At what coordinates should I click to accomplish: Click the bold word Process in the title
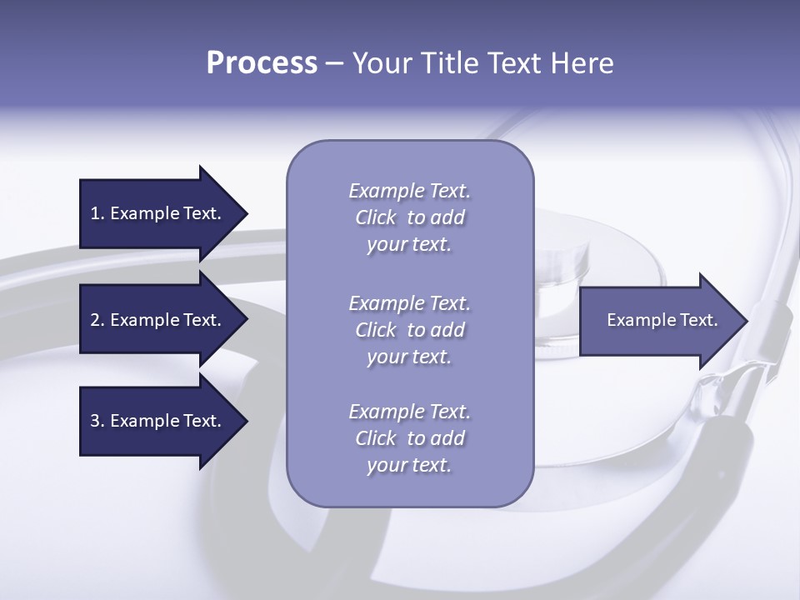(x=262, y=63)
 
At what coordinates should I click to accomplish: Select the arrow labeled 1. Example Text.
(x=158, y=213)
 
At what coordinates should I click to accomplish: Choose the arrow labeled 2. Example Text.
(x=158, y=320)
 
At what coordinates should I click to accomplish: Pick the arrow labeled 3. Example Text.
(x=158, y=421)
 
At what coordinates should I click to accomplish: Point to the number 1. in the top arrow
(x=97, y=213)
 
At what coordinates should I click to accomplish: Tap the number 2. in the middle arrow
(x=97, y=320)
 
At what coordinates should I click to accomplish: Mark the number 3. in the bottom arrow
(x=97, y=421)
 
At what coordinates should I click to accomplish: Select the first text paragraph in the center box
(x=409, y=217)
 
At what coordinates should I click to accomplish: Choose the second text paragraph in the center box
(x=409, y=330)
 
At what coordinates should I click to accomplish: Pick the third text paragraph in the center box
(x=409, y=438)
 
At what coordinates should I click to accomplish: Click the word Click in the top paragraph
(x=376, y=217)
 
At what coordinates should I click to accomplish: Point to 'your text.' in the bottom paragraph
(x=409, y=465)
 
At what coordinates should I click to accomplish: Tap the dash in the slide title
(x=335, y=63)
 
